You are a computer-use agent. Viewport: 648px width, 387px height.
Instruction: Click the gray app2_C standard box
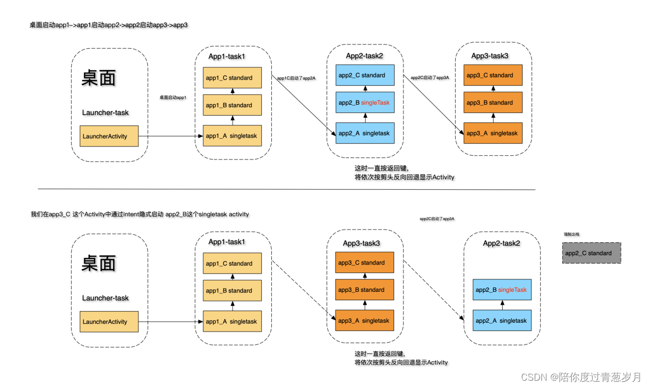point(591,253)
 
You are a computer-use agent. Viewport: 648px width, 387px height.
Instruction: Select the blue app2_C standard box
point(365,75)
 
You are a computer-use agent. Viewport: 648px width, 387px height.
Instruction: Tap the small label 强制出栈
point(571,235)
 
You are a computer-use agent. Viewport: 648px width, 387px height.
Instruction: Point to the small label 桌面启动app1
point(173,97)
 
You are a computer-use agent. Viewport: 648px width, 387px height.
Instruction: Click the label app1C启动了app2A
point(296,78)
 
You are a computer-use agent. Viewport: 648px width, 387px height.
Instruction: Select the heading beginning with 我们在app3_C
point(140,214)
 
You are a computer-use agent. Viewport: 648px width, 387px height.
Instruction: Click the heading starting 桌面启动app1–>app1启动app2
point(109,25)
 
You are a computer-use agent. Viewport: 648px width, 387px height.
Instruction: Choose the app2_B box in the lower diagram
point(502,290)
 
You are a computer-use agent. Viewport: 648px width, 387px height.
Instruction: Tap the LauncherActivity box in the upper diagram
point(109,136)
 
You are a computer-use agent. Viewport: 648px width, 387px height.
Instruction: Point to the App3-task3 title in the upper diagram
point(490,56)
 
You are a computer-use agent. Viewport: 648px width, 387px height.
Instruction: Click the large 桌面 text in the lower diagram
point(98,263)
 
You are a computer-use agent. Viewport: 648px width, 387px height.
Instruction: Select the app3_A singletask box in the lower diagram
point(364,321)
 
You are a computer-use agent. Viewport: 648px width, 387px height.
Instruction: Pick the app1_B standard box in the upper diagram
point(232,105)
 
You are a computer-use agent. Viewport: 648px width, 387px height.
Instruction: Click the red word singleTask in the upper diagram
point(375,103)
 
